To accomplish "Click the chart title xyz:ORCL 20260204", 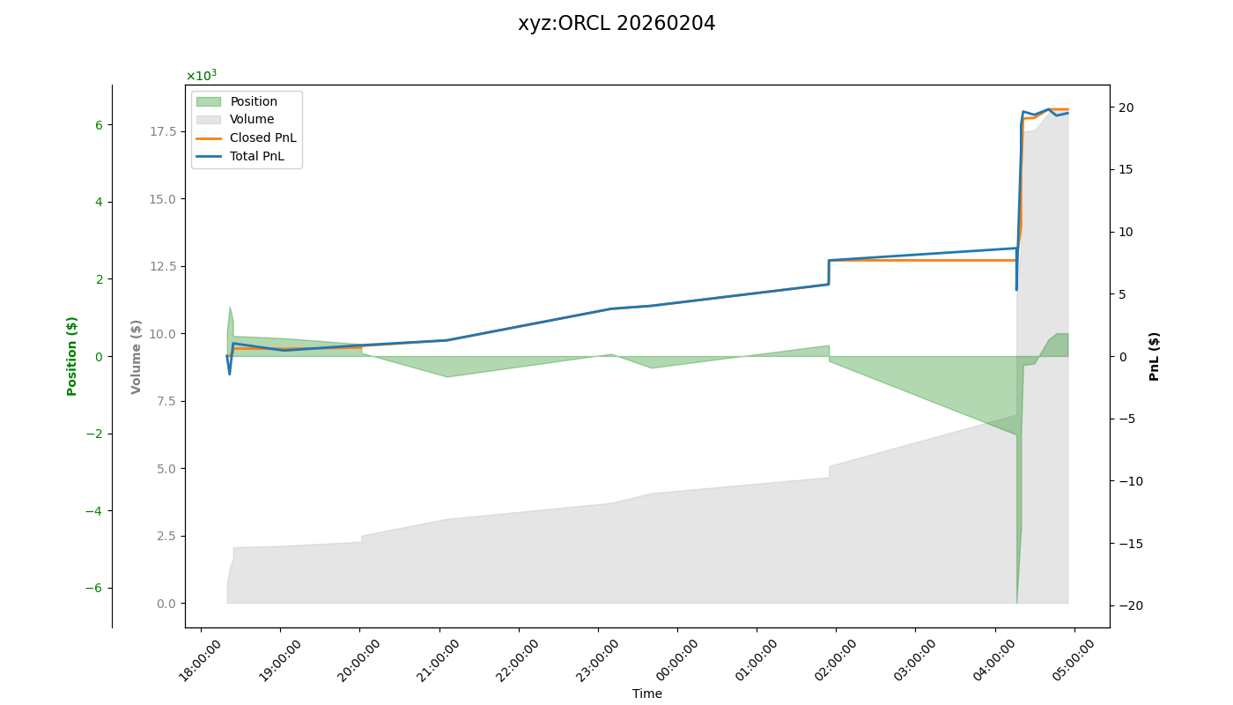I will [x=616, y=24].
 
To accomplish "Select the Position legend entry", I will [x=254, y=101].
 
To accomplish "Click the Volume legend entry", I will [x=252, y=120].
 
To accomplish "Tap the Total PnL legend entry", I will [x=256, y=156].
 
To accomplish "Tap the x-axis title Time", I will [x=646, y=694].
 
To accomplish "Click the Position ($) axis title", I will [x=72, y=356].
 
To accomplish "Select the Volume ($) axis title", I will [x=137, y=356].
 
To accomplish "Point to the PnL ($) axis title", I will [x=1155, y=356].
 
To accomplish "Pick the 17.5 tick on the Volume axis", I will [x=162, y=131].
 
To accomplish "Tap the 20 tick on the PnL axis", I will [x=1126, y=108].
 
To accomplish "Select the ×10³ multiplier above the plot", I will [x=201, y=76].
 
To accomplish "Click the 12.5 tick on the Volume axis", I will [x=162, y=266].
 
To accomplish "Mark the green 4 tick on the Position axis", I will [x=99, y=202].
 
